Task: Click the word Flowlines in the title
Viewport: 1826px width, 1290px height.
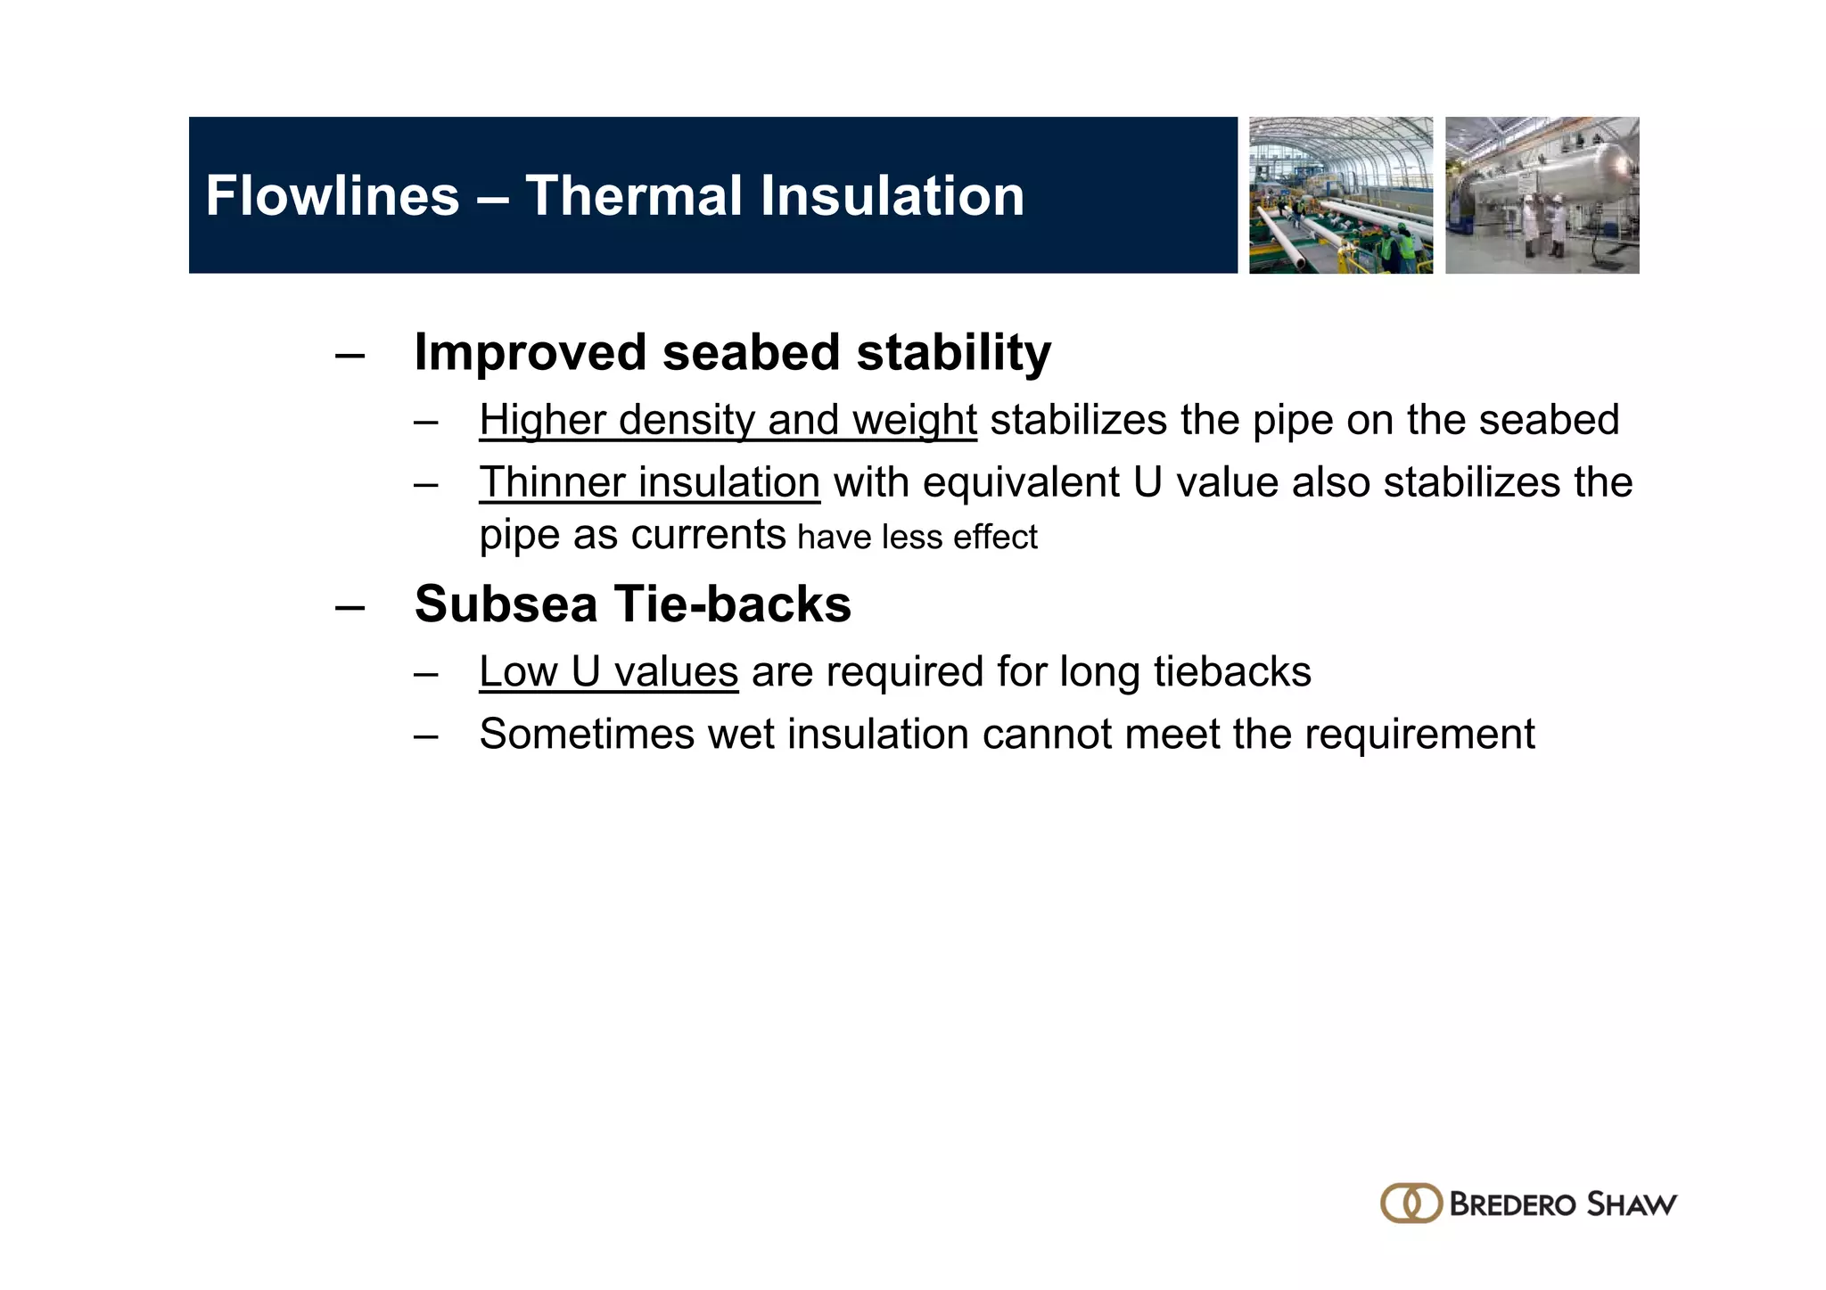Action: [332, 196]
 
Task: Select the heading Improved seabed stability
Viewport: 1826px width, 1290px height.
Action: [732, 352]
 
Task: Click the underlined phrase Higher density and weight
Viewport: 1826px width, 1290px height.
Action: [728, 420]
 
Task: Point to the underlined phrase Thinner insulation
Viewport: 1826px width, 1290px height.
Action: [649, 482]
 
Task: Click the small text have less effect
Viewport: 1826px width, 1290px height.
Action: [917, 538]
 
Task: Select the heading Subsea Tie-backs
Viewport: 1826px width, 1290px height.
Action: [632, 604]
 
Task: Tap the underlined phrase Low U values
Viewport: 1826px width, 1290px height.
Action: [608, 672]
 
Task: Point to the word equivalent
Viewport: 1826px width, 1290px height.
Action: [1021, 482]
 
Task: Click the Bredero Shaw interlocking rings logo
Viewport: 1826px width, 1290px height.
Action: [1411, 1204]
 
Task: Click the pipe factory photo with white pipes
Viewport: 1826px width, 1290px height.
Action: [1341, 195]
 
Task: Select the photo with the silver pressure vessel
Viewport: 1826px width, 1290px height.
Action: [1542, 195]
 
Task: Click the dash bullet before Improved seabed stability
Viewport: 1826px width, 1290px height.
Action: [350, 356]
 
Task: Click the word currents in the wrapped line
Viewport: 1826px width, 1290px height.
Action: [708, 536]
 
